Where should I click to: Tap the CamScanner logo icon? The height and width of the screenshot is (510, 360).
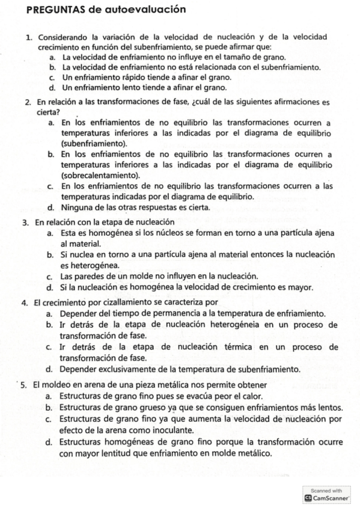coord(308,499)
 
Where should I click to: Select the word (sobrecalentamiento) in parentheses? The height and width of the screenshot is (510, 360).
coord(100,175)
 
